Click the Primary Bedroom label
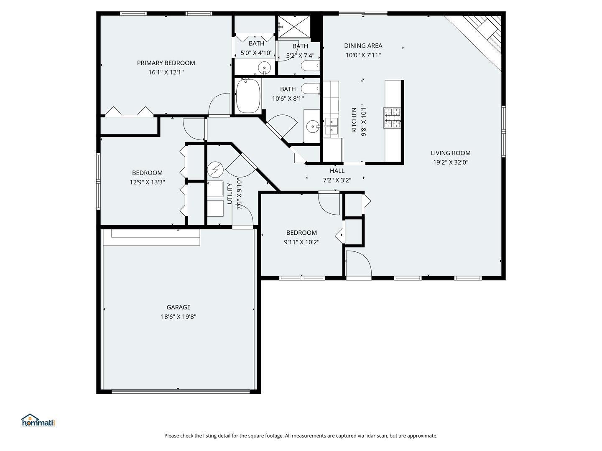(166, 63)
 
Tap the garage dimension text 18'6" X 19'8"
(179, 317)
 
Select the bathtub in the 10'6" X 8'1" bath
(248, 96)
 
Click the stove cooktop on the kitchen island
(392, 118)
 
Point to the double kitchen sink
(331, 126)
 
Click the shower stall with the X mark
(295, 28)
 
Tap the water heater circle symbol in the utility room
(215, 170)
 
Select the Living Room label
(451, 153)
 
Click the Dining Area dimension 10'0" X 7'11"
(363, 55)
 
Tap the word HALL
(337, 171)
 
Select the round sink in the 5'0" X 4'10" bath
(264, 67)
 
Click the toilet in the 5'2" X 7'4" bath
(310, 66)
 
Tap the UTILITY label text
(230, 194)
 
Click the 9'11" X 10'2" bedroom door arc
(329, 204)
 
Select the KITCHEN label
(354, 120)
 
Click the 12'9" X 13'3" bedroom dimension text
(147, 182)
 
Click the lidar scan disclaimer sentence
(301, 436)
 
